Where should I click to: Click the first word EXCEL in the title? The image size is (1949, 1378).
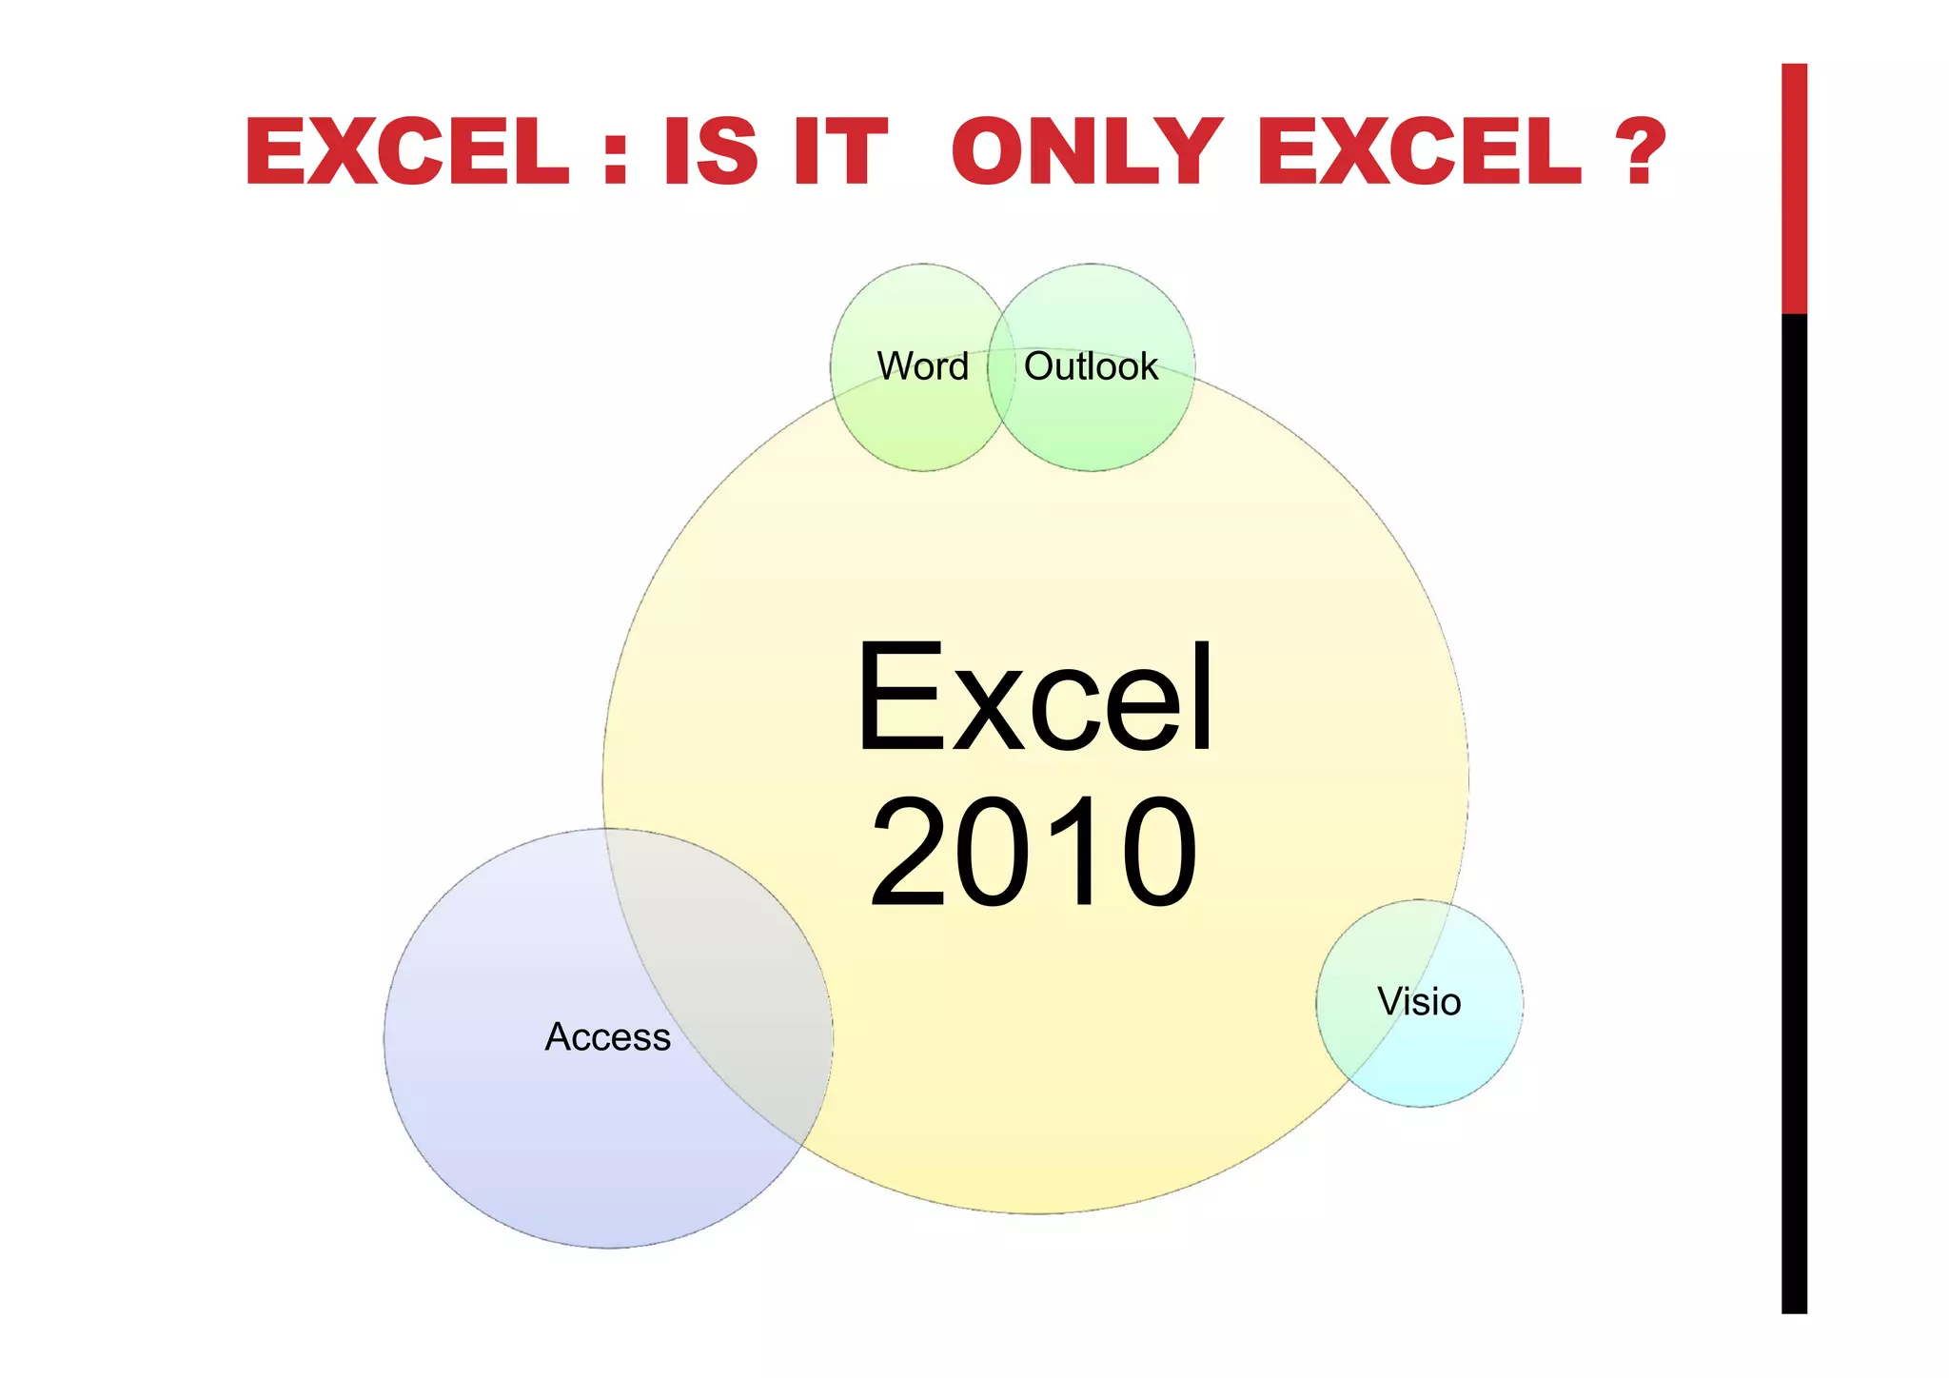pos(406,151)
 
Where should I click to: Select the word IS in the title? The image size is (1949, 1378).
pos(710,151)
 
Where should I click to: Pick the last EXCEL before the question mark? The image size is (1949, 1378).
pos(1420,151)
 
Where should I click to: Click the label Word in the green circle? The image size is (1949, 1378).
pos(922,367)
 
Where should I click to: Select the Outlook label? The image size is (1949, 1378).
pos(1091,367)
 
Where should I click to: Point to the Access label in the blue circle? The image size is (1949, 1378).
pos(607,1037)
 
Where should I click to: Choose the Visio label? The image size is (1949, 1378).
pos(1419,1002)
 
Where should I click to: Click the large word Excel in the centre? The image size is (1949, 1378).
pos(1034,699)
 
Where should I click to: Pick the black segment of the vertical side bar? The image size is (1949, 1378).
pos(1794,809)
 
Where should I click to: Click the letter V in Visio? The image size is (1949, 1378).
pos(1389,1002)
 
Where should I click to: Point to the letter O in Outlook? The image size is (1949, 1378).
pos(1039,367)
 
